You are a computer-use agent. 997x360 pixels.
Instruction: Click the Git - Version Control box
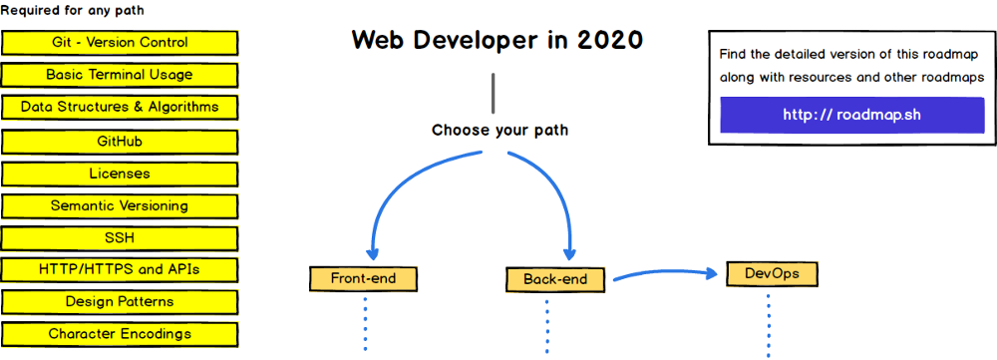click(x=120, y=43)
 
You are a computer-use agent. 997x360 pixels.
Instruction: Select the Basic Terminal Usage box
click(x=120, y=75)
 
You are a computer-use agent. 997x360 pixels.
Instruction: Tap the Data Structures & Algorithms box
click(x=120, y=107)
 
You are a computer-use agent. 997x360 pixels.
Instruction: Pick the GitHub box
click(x=120, y=142)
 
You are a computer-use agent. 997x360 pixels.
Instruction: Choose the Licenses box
click(x=120, y=173)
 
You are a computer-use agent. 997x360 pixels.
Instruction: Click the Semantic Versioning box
click(x=120, y=205)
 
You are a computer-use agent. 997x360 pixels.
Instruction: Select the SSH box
click(x=120, y=238)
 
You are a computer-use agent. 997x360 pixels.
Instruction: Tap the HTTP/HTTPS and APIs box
click(x=120, y=269)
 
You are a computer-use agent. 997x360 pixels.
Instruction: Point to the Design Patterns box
click(x=120, y=301)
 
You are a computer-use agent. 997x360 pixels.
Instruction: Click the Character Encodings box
click(x=120, y=333)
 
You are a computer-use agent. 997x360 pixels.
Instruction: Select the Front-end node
click(x=364, y=278)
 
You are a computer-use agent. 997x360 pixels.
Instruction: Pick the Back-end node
click(x=555, y=279)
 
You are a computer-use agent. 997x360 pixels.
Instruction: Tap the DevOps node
click(x=772, y=274)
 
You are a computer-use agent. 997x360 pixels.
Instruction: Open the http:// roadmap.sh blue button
click(x=852, y=115)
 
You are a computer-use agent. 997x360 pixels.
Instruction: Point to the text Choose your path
click(x=499, y=131)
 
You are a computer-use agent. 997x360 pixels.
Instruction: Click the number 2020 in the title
click(x=610, y=40)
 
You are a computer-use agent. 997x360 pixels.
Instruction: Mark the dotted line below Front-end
click(x=366, y=323)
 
